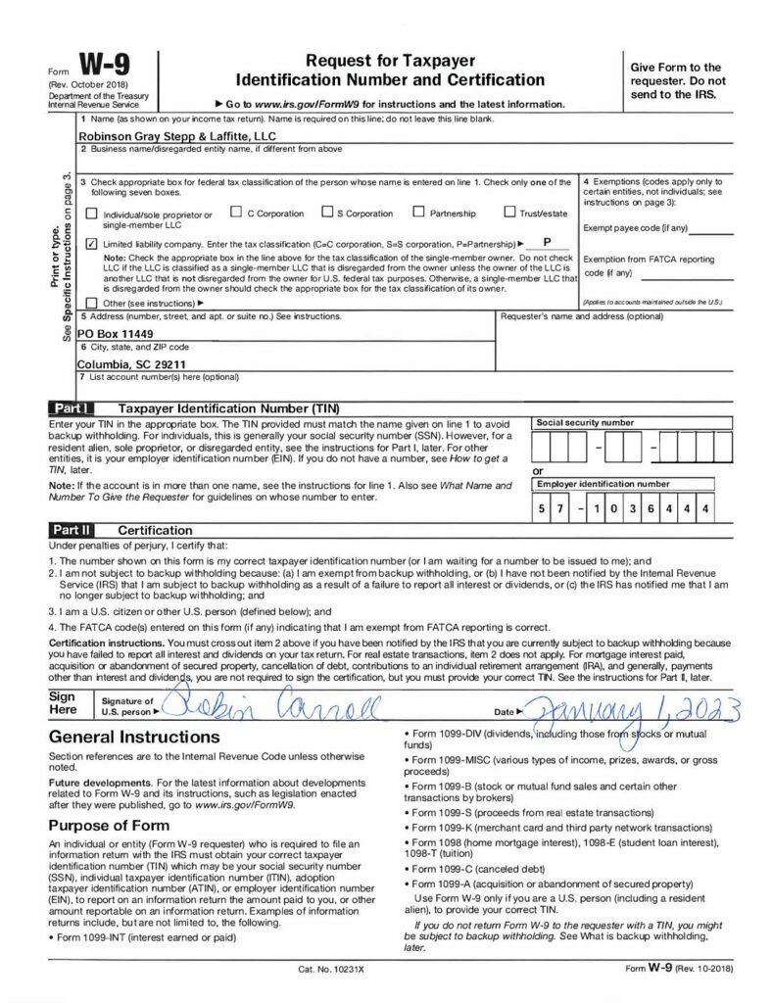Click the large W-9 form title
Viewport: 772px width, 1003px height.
point(100,67)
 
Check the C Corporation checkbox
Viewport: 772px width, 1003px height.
point(236,212)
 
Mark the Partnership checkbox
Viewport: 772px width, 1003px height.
point(418,212)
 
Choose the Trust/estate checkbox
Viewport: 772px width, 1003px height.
point(510,212)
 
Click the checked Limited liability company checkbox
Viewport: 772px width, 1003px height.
point(92,243)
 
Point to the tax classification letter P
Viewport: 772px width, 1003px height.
point(547,241)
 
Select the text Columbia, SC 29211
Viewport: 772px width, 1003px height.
point(132,360)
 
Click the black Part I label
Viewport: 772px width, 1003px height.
point(72,406)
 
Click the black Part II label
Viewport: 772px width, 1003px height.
point(72,530)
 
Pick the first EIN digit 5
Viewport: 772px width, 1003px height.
point(540,509)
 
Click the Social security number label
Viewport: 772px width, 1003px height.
point(585,422)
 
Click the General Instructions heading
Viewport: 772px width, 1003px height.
point(127,735)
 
